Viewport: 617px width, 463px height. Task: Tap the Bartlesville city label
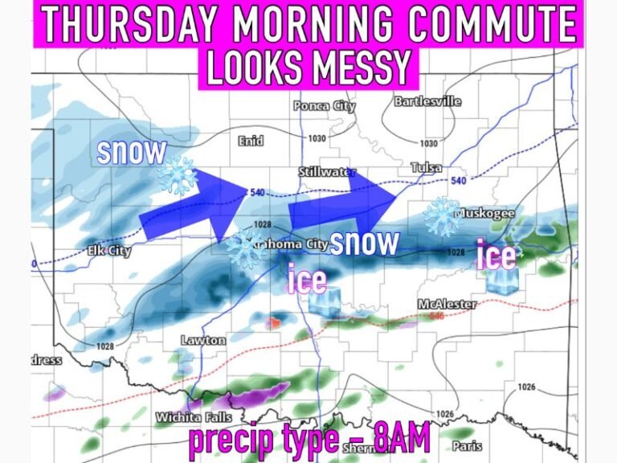(427, 102)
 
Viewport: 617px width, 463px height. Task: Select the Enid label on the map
(251, 141)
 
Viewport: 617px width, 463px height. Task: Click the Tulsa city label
(426, 166)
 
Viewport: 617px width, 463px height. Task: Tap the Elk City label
(109, 252)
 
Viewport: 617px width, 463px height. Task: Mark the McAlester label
(447, 304)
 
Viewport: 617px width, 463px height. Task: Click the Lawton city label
(203, 340)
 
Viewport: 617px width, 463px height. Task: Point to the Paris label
(464, 445)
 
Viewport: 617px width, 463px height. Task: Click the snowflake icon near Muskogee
(443, 215)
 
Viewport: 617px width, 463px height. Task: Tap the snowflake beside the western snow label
(178, 174)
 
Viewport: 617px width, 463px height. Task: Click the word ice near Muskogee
(496, 256)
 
